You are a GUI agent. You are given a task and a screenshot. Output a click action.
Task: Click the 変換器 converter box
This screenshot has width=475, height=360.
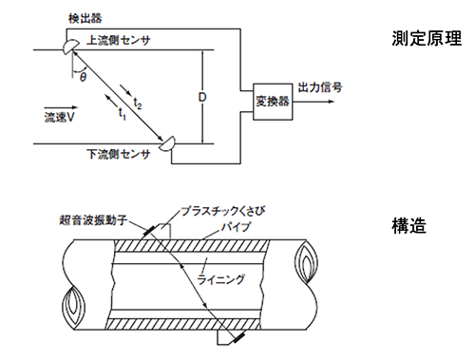(273, 102)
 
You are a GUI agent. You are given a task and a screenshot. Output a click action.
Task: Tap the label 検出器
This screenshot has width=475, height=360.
(85, 18)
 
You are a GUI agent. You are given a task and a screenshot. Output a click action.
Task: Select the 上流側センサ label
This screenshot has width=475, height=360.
(118, 40)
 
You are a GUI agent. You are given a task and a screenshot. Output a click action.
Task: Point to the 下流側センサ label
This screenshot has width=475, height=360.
(118, 154)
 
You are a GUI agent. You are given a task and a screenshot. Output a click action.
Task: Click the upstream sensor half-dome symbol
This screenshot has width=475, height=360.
(70, 47)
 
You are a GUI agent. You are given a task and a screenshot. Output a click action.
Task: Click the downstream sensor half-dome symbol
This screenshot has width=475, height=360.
(167, 143)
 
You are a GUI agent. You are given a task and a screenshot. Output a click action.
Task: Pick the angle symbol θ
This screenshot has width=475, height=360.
(83, 77)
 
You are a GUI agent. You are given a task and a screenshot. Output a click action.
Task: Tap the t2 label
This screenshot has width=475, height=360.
(138, 104)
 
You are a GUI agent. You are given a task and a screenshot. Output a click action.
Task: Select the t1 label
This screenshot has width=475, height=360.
(123, 114)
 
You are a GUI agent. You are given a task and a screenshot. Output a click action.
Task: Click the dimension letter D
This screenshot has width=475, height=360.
(202, 97)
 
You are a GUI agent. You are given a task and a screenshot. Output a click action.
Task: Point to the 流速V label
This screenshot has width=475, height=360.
(59, 118)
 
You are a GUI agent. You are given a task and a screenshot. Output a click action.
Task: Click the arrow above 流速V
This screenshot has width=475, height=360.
(61, 107)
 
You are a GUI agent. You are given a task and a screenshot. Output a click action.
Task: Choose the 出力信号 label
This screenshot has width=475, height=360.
(320, 87)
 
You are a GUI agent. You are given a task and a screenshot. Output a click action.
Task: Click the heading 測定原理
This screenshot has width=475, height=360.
(427, 38)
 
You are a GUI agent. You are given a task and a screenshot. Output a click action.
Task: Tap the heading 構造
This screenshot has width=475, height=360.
(408, 226)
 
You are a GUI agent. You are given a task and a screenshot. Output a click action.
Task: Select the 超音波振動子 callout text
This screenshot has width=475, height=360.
(93, 219)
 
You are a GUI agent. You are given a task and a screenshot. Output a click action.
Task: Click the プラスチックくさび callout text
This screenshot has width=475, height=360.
(223, 211)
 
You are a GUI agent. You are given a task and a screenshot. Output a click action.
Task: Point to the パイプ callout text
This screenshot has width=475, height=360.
(236, 227)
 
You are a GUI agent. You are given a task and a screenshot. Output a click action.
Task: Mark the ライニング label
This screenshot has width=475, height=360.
(221, 279)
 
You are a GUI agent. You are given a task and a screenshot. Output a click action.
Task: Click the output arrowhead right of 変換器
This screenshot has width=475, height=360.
(332, 102)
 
